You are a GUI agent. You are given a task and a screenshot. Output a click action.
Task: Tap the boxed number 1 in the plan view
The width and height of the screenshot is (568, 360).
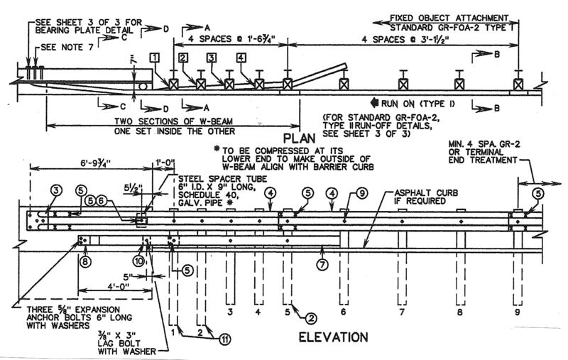pos(155,56)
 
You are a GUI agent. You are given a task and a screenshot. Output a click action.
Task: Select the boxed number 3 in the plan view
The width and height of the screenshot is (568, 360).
pos(212,57)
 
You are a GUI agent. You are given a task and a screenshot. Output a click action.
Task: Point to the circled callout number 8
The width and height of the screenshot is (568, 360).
pos(85,261)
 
